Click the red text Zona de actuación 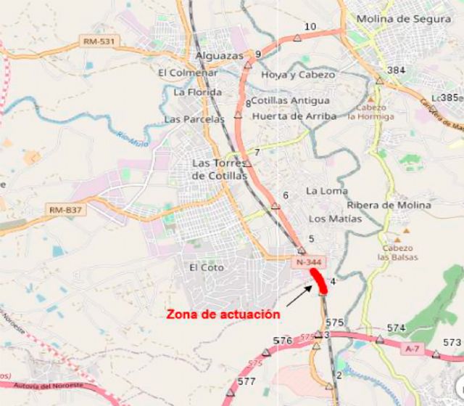(x=223, y=314)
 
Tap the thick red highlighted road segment (x=320, y=281)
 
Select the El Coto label (x=207, y=267)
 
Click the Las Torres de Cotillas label (x=220, y=169)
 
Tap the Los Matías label (x=335, y=218)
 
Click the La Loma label (x=323, y=190)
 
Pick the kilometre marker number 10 (x=310, y=27)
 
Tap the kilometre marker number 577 (x=246, y=381)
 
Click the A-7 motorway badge (x=413, y=349)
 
